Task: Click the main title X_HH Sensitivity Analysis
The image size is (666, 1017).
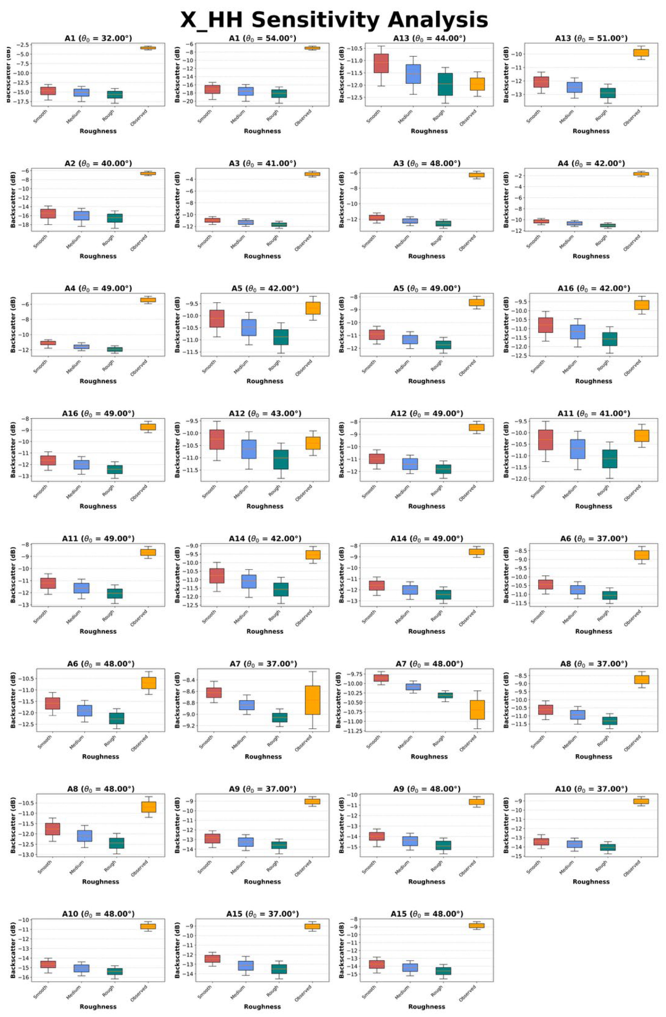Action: (333, 20)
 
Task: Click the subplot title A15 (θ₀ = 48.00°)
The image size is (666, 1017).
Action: (426, 914)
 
